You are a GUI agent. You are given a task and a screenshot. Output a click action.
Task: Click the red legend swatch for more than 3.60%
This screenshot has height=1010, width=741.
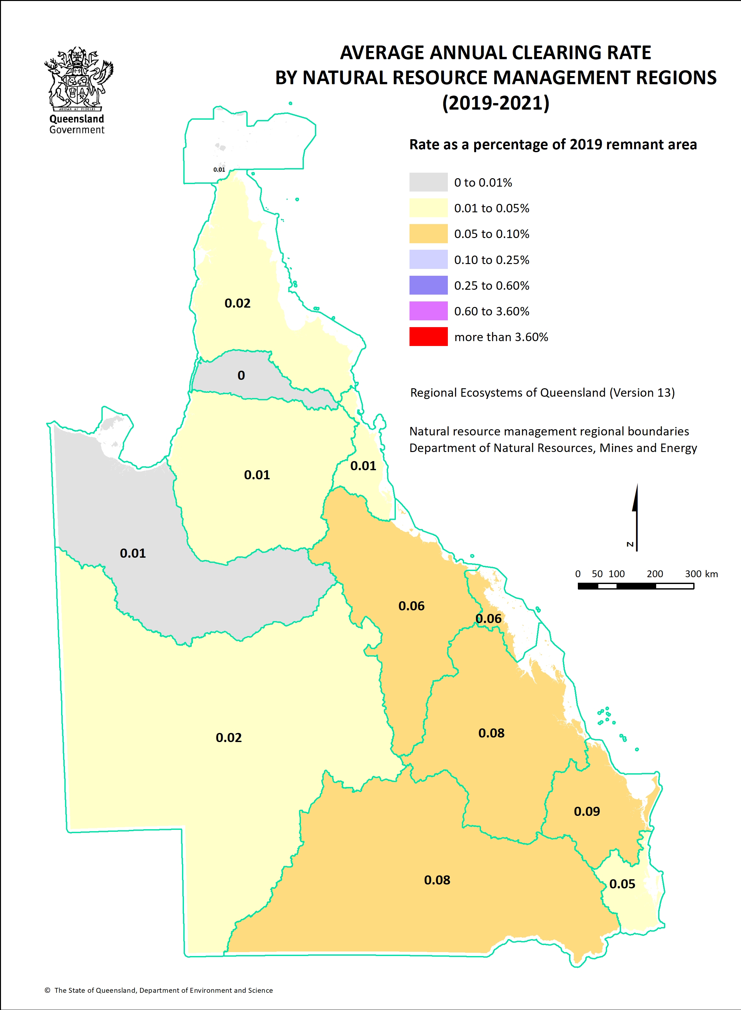[x=428, y=337]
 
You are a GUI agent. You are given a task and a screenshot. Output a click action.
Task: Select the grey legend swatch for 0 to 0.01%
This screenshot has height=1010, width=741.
[x=428, y=182]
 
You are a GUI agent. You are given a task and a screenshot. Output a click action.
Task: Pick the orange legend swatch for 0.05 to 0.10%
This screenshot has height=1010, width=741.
[x=428, y=234]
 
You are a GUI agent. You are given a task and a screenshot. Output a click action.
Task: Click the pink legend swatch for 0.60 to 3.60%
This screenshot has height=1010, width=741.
[x=428, y=311]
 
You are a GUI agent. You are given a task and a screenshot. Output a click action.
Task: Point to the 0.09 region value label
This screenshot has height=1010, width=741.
[x=586, y=811]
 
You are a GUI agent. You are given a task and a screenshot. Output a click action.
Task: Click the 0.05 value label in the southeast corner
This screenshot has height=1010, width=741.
[x=622, y=884]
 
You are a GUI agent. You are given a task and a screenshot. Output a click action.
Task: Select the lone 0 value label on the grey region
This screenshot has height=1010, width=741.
[x=241, y=375]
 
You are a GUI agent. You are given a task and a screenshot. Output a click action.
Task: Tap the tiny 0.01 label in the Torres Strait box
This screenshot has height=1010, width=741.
[x=219, y=170]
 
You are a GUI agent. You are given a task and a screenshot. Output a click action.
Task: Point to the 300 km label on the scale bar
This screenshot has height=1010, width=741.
[x=701, y=574]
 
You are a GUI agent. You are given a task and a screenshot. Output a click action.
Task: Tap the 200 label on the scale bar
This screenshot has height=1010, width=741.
[x=655, y=574]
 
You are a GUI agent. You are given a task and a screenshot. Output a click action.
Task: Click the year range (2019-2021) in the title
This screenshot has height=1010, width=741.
[x=495, y=103]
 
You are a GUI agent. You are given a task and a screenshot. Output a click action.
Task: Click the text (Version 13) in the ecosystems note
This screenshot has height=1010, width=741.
[x=642, y=392]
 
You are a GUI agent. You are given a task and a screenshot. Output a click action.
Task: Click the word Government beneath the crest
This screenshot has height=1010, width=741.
[x=77, y=130]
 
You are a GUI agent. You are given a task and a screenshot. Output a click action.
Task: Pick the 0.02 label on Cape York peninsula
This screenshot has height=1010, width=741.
[x=237, y=303]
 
